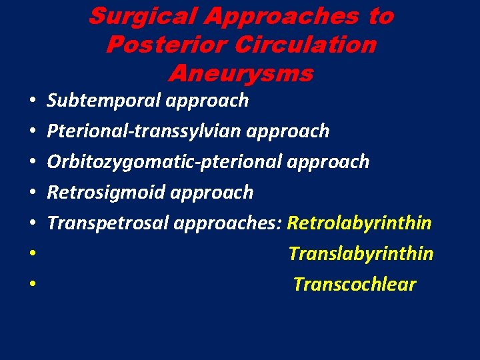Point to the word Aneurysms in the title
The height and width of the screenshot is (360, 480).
[x=241, y=73]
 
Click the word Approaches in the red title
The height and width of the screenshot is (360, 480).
[x=281, y=17]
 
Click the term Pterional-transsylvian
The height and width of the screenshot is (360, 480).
[x=144, y=131]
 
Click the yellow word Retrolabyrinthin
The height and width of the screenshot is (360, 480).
[x=359, y=223]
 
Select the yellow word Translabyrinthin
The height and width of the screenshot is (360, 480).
[x=361, y=254]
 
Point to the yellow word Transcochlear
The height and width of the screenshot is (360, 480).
[x=355, y=285]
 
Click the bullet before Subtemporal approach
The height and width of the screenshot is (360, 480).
[x=32, y=101]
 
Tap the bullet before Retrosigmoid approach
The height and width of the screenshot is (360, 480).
[x=32, y=193]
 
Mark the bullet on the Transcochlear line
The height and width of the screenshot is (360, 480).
[x=32, y=285]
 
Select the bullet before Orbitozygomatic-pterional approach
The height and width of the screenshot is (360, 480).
[x=32, y=163]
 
